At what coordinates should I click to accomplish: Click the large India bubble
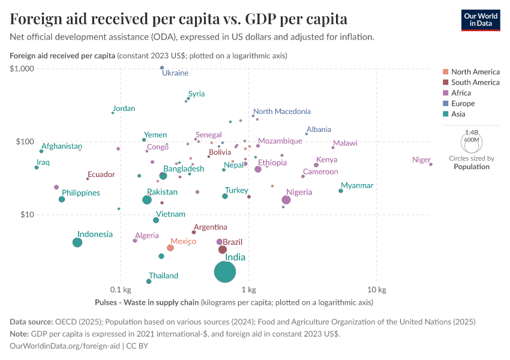(225, 272)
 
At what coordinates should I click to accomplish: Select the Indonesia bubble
(77, 242)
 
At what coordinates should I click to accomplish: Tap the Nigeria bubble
(286, 200)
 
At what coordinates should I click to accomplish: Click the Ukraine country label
(175, 73)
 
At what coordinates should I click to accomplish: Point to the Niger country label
(421, 160)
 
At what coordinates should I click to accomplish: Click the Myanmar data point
(341, 191)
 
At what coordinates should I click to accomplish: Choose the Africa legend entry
(461, 93)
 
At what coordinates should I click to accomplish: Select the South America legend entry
(475, 82)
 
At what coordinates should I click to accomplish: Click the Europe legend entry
(463, 103)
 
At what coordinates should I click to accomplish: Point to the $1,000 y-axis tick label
(22, 68)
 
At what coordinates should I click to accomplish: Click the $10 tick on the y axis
(27, 215)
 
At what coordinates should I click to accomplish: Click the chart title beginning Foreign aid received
(178, 19)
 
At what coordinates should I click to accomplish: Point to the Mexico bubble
(170, 248)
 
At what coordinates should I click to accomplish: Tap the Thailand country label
(163, 276)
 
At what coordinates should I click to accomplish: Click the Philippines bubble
(62, 199)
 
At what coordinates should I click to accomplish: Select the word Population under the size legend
(471, 167)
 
